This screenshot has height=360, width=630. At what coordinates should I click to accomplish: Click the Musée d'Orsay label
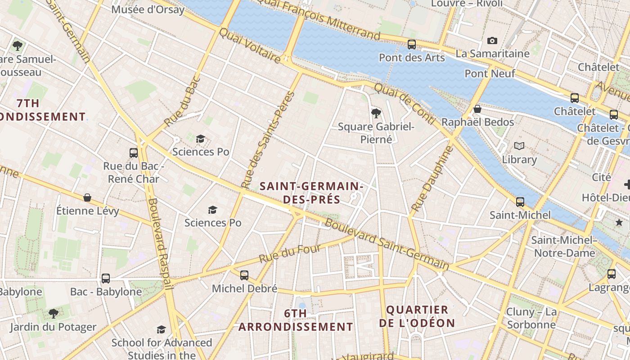(148, 9)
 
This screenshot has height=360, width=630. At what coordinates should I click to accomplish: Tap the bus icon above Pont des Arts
(411, 44)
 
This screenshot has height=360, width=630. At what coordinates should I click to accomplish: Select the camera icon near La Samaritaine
(492, 41)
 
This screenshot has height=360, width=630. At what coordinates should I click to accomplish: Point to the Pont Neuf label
(490, 73)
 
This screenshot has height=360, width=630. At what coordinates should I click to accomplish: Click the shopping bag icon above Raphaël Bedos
(477, 109)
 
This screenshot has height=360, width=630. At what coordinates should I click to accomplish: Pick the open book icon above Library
(519, 146)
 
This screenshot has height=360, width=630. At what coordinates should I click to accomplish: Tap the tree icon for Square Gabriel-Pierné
(376, 113)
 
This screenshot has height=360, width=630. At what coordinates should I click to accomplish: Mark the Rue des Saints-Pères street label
(267, 140)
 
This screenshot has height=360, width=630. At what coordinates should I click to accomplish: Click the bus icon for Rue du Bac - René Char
(134, 153)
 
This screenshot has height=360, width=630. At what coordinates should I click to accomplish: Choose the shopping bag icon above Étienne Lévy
(87, 198)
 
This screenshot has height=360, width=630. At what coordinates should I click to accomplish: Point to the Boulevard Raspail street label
(161, 243)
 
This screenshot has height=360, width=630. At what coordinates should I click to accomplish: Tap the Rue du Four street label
(290, 254)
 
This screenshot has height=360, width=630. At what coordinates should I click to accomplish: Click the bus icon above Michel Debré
(244, 275)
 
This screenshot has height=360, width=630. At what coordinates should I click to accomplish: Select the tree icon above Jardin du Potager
(54, 313)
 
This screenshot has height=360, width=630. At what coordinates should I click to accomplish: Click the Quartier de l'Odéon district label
(417, 316)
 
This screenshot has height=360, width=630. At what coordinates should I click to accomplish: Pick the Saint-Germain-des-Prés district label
(311, 193)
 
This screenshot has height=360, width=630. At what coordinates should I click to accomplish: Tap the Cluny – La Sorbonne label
(531, 318)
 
